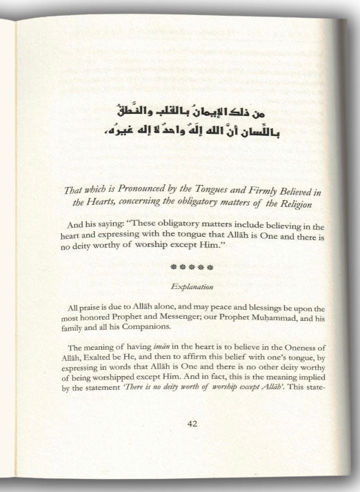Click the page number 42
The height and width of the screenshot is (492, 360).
(193, 424)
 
